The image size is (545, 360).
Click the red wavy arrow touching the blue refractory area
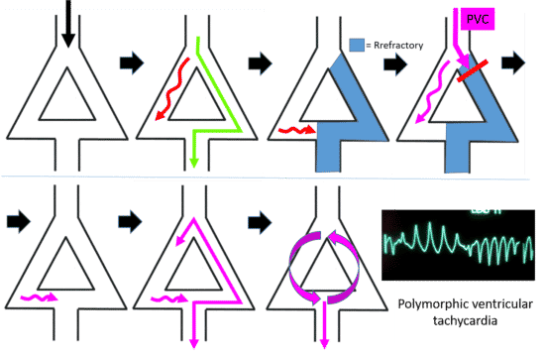point(293,129)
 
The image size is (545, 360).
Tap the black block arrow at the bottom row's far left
point(16,213)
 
